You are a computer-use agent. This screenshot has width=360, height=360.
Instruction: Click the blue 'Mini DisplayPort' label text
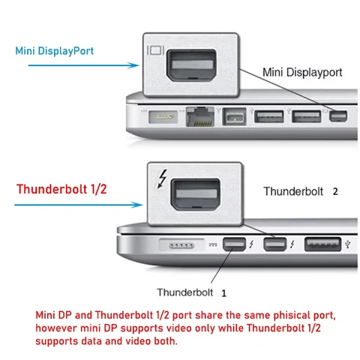click(58, 52)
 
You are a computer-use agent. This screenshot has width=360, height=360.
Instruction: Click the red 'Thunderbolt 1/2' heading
click(61, 189)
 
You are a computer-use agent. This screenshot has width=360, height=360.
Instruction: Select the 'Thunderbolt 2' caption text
click(300, 191)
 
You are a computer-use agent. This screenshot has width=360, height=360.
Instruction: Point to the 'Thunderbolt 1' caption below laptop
click(191, 292)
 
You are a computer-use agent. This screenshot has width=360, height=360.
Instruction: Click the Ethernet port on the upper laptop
click(200, 117)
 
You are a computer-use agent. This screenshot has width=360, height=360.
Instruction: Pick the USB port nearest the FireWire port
click(265, 117)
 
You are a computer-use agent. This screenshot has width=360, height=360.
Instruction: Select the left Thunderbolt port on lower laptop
click(232, 245)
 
